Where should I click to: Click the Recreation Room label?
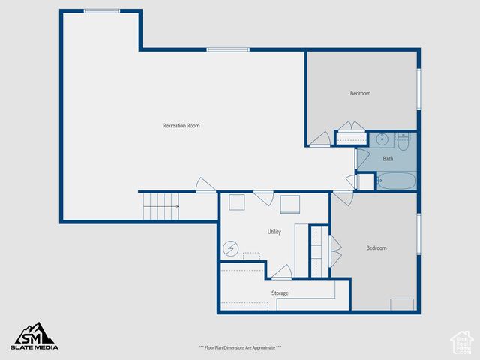coord(181,126)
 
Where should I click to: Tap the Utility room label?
coord(274,232)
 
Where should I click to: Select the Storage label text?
coord(280,293)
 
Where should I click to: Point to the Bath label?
coord(388,159)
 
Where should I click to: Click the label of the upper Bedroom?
coord(360,94)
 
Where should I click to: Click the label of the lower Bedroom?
coord(376,248)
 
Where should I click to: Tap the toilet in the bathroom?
coord(403,139)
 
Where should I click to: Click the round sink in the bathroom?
coord(382,139)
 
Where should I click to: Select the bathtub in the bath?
coord(395,181)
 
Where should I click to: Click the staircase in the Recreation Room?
coord(159,206)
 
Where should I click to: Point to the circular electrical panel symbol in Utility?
coord(231,247)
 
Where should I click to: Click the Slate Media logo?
coord(34,336)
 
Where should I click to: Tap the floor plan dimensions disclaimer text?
coord(240,347)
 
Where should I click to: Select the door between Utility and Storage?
coord(282,272)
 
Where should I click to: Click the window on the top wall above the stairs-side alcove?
coord(102,11)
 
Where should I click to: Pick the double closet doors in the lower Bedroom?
coord(334,251)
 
